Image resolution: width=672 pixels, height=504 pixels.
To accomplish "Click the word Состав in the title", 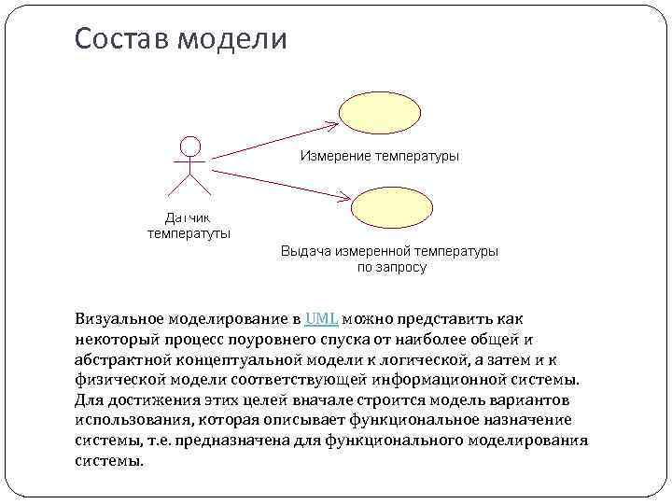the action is [120, 38].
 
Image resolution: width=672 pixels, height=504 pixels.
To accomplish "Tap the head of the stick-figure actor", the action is [190, 147].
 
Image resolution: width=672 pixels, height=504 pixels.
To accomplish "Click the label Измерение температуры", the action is [379, 156].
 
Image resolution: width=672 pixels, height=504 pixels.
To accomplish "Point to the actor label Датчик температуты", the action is [189, 225].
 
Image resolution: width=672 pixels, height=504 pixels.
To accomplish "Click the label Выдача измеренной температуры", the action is [389, 251].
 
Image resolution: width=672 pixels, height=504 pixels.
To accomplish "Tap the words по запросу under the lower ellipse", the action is [392, 267].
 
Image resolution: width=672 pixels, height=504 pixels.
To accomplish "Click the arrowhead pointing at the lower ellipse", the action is [344, 198].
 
